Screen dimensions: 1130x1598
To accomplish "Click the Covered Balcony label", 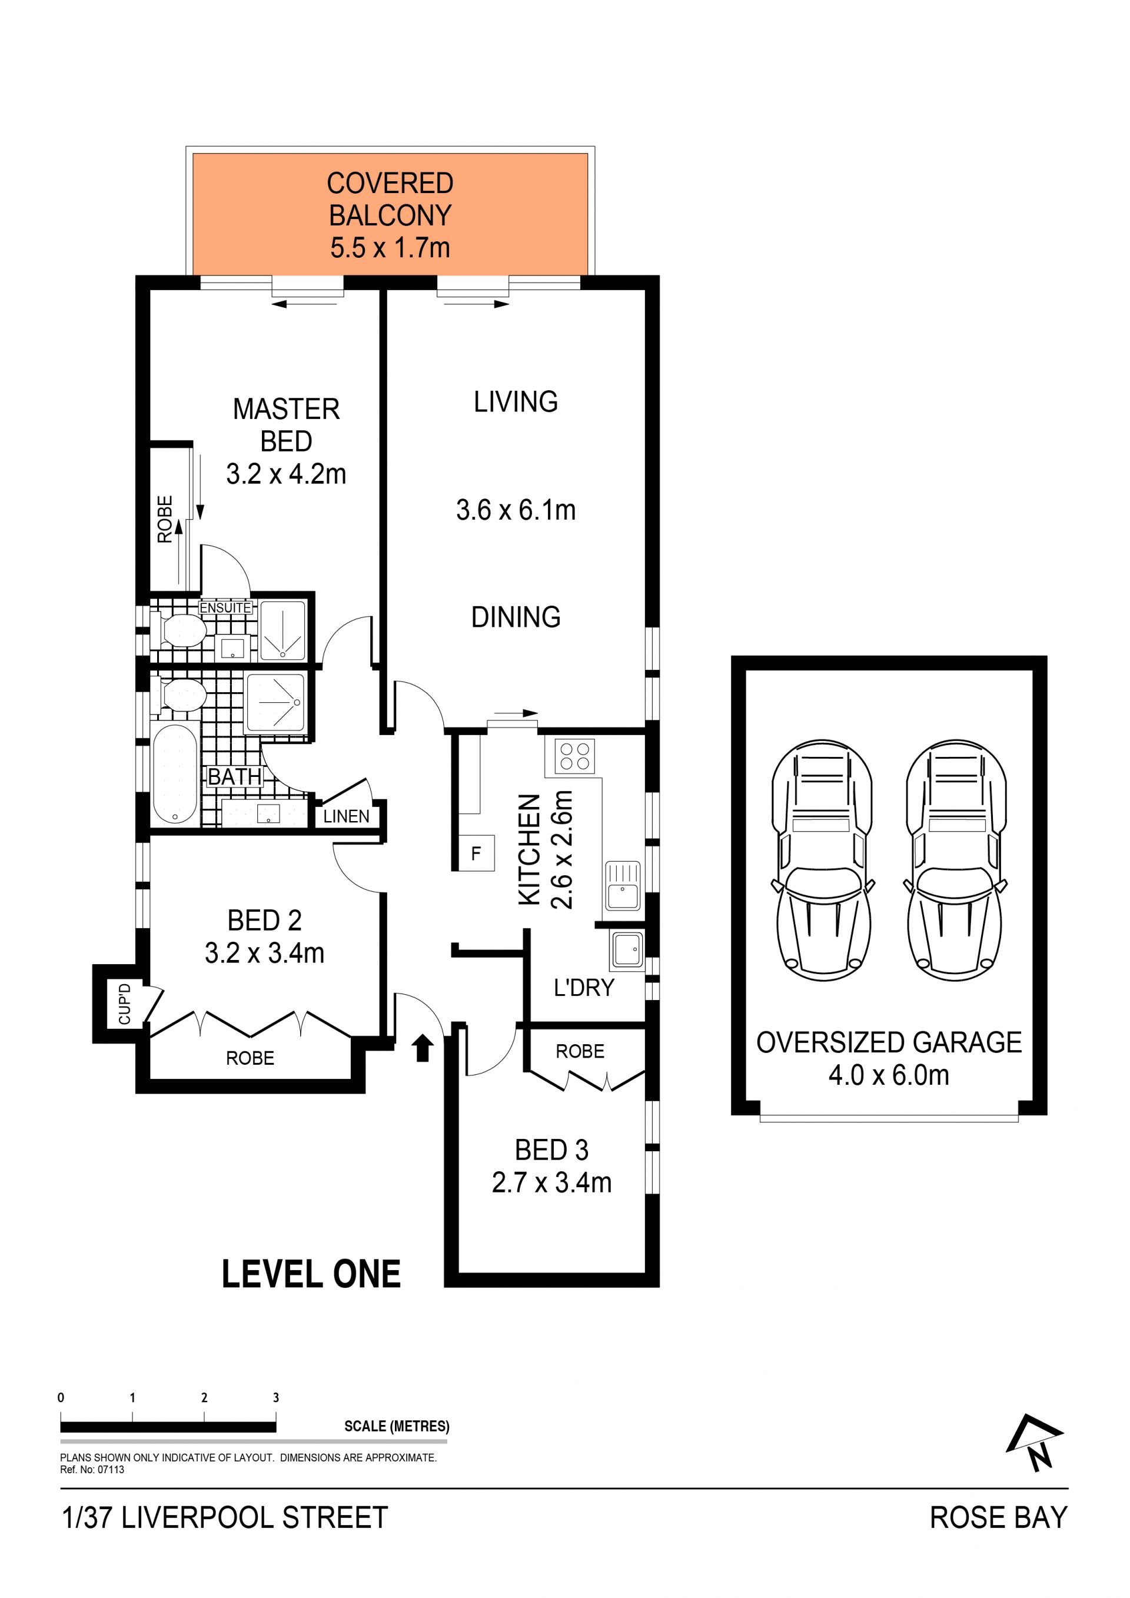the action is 390,215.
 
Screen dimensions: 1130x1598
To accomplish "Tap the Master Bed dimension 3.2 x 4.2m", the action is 286,474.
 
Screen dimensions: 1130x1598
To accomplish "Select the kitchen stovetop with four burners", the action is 575,755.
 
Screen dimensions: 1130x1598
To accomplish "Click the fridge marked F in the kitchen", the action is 476,853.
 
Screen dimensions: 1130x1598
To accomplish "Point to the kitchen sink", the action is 623,886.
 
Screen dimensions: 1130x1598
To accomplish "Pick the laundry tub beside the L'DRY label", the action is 627,950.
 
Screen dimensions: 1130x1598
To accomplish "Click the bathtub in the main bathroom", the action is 175,775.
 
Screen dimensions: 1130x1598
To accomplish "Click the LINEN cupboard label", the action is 347,816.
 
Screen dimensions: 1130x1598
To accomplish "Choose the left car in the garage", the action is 822,861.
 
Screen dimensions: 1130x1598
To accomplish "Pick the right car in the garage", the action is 956,861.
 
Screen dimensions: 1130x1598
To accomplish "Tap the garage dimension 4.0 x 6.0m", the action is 889,1075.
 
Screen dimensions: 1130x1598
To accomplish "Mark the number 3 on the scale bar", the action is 276,1397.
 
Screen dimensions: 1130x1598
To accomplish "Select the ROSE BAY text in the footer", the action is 999,1518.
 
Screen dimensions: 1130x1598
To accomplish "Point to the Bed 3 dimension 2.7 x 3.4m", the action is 552,1183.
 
